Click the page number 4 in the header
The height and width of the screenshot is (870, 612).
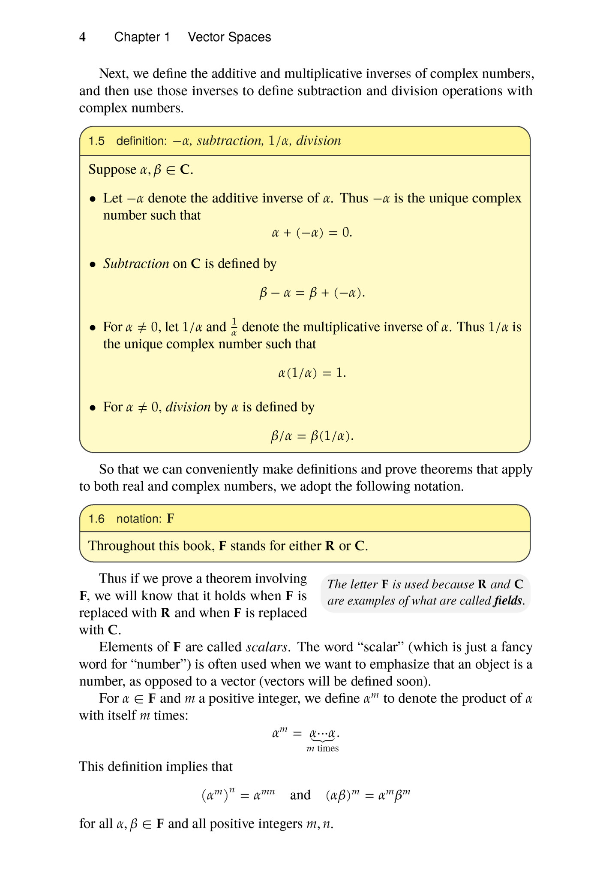pyautogui.click(x=82, y=37)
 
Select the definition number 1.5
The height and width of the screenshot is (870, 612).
pyautogui.click(x=96, y=141)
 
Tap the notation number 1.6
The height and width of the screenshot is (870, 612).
pyautogui.click(x=96, y=519)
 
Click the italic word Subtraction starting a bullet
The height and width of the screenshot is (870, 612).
pyautogui.click(x=136, y=263)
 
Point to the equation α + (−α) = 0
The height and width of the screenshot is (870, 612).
pyautogui.click(x=312, y=233)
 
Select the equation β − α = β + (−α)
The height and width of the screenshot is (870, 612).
pyautogui.click(x=312, y=293)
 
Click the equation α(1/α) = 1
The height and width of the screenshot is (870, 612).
pyautogui.click(x=312, y=373)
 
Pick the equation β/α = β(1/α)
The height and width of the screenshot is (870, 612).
pyautogui.click(x=312, y=436)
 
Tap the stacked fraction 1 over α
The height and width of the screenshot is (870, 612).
pyautogui.click(x=234, y=327)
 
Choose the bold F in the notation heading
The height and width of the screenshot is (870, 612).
pyautogui.click(x=171, y=519)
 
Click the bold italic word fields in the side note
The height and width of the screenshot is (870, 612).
pyautogui.click(x=508, y=601)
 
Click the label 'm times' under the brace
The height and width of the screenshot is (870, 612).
pyautogui.click(x=323, y=748)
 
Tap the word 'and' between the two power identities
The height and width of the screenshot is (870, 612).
pyautogui.click(x=300, y=795)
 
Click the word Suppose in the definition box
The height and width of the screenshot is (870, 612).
pyautogui.click(x=112, y=170)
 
